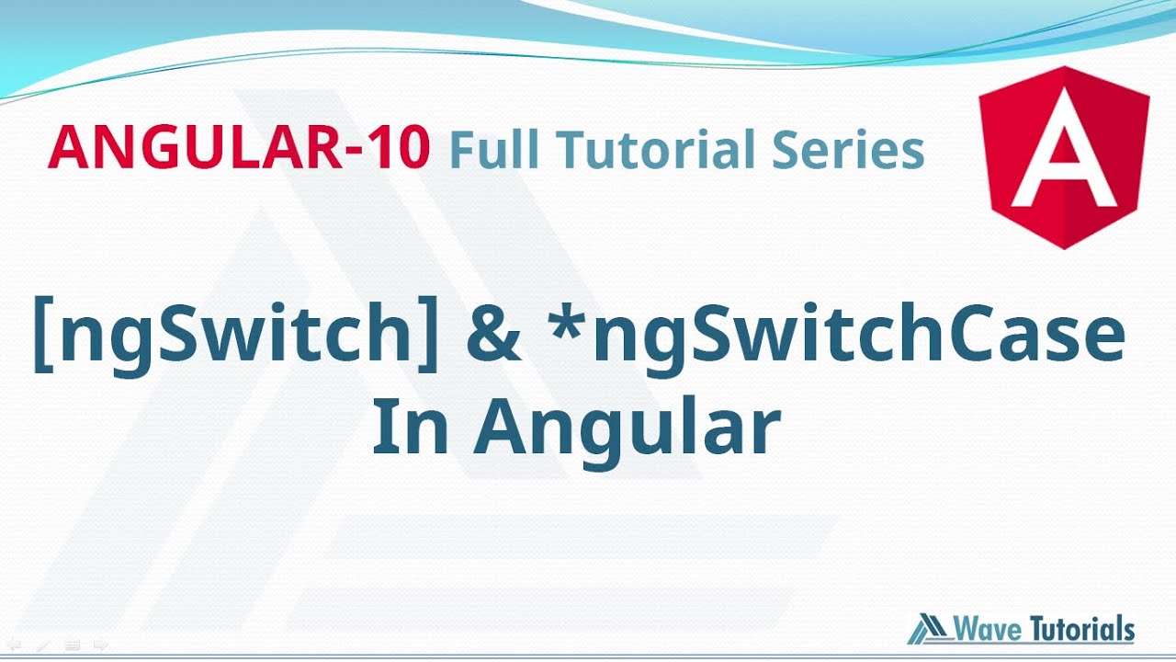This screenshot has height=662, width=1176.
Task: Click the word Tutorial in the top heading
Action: [x=655, y=149]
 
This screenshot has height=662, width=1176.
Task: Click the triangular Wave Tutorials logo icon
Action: [x=930, y=629]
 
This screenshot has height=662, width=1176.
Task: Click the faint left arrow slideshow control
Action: [x=14, y=645]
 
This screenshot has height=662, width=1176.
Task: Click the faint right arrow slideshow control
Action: [x=101, y=645]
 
